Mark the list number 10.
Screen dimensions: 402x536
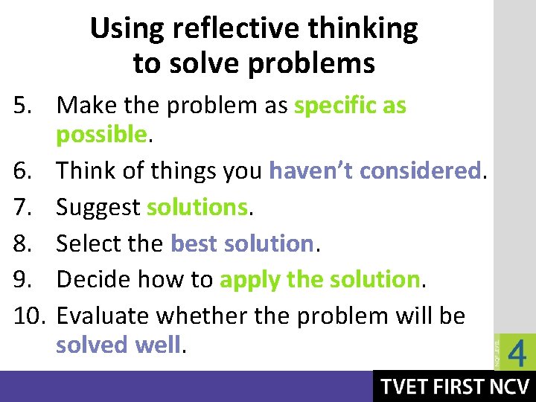26,316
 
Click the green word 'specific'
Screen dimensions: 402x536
336,106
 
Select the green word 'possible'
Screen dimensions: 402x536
101,135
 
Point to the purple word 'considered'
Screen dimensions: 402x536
420,170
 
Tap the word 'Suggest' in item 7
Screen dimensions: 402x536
98,207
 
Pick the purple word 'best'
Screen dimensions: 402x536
195,243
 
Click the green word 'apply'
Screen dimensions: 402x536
249,280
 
